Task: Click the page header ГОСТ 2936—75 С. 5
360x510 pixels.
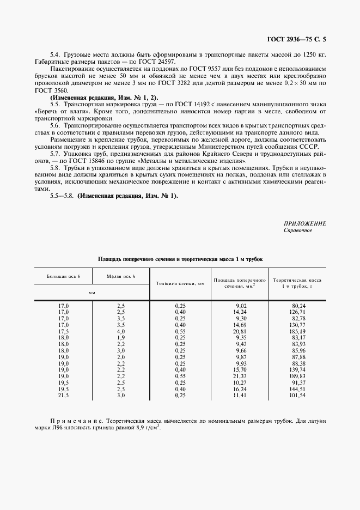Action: point(299,39)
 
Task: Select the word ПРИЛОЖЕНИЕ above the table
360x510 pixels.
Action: point(305,223)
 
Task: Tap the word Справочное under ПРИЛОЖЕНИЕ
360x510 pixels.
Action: point(298,230)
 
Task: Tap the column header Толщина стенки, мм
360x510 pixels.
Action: point(180,284)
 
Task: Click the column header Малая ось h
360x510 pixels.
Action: point(121,277)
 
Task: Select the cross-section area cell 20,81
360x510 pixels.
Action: point(239,331)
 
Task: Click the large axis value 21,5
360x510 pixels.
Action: point(63,395)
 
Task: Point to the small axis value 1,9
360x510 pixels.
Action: point(121,337)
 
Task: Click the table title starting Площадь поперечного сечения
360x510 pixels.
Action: point(180,259)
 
